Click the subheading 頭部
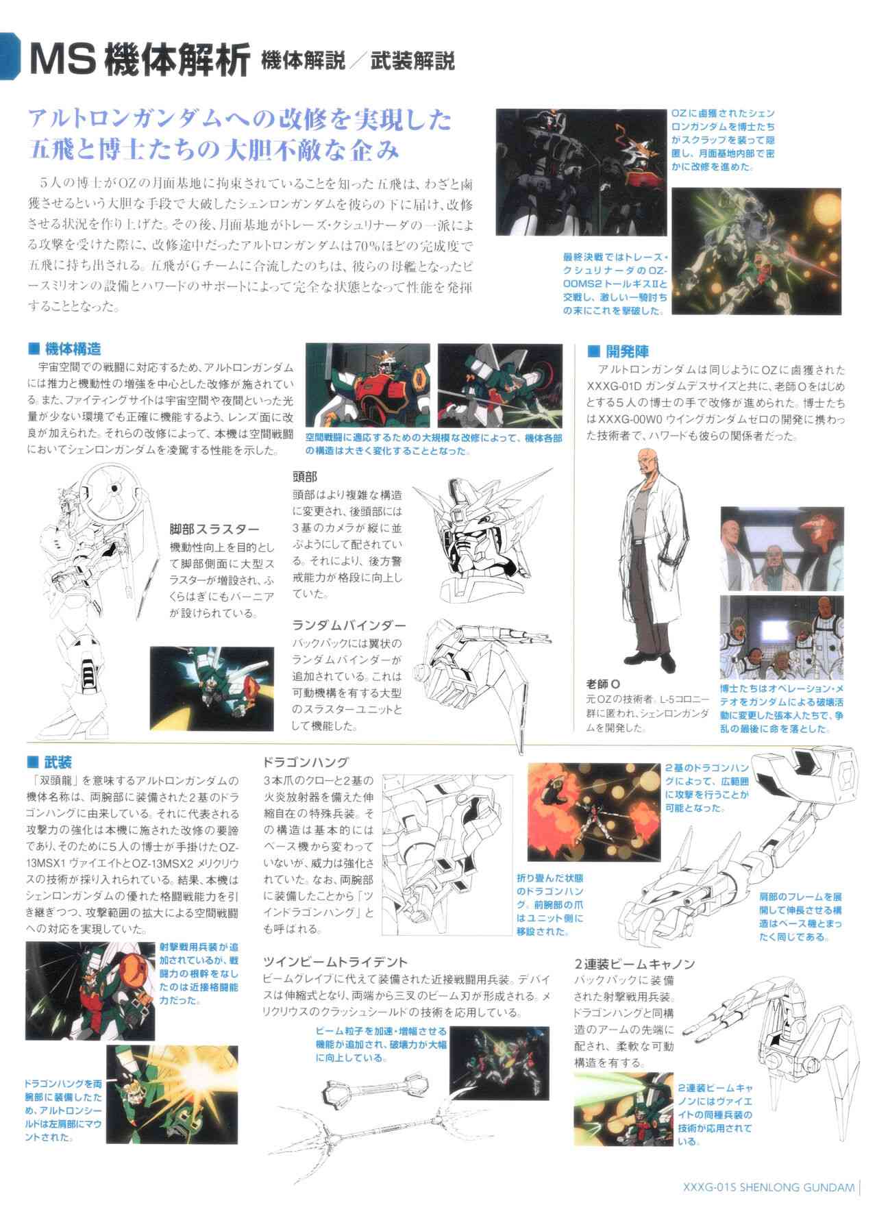click(x=305, y=477)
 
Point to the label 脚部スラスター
click(x=214, y=529)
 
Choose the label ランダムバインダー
click(x=349, y=625)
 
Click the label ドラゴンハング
click(x=306, y=762)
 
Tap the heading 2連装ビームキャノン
click(x=635, y=964)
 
